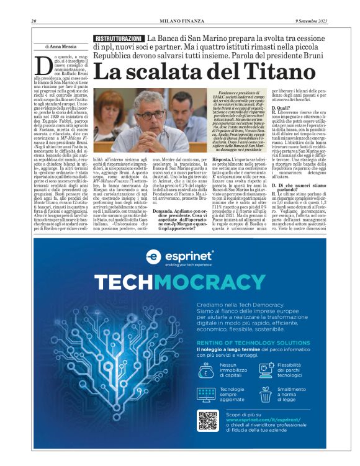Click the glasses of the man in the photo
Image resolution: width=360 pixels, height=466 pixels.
151,115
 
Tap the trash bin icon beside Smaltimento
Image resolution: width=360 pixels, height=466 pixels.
266,395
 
